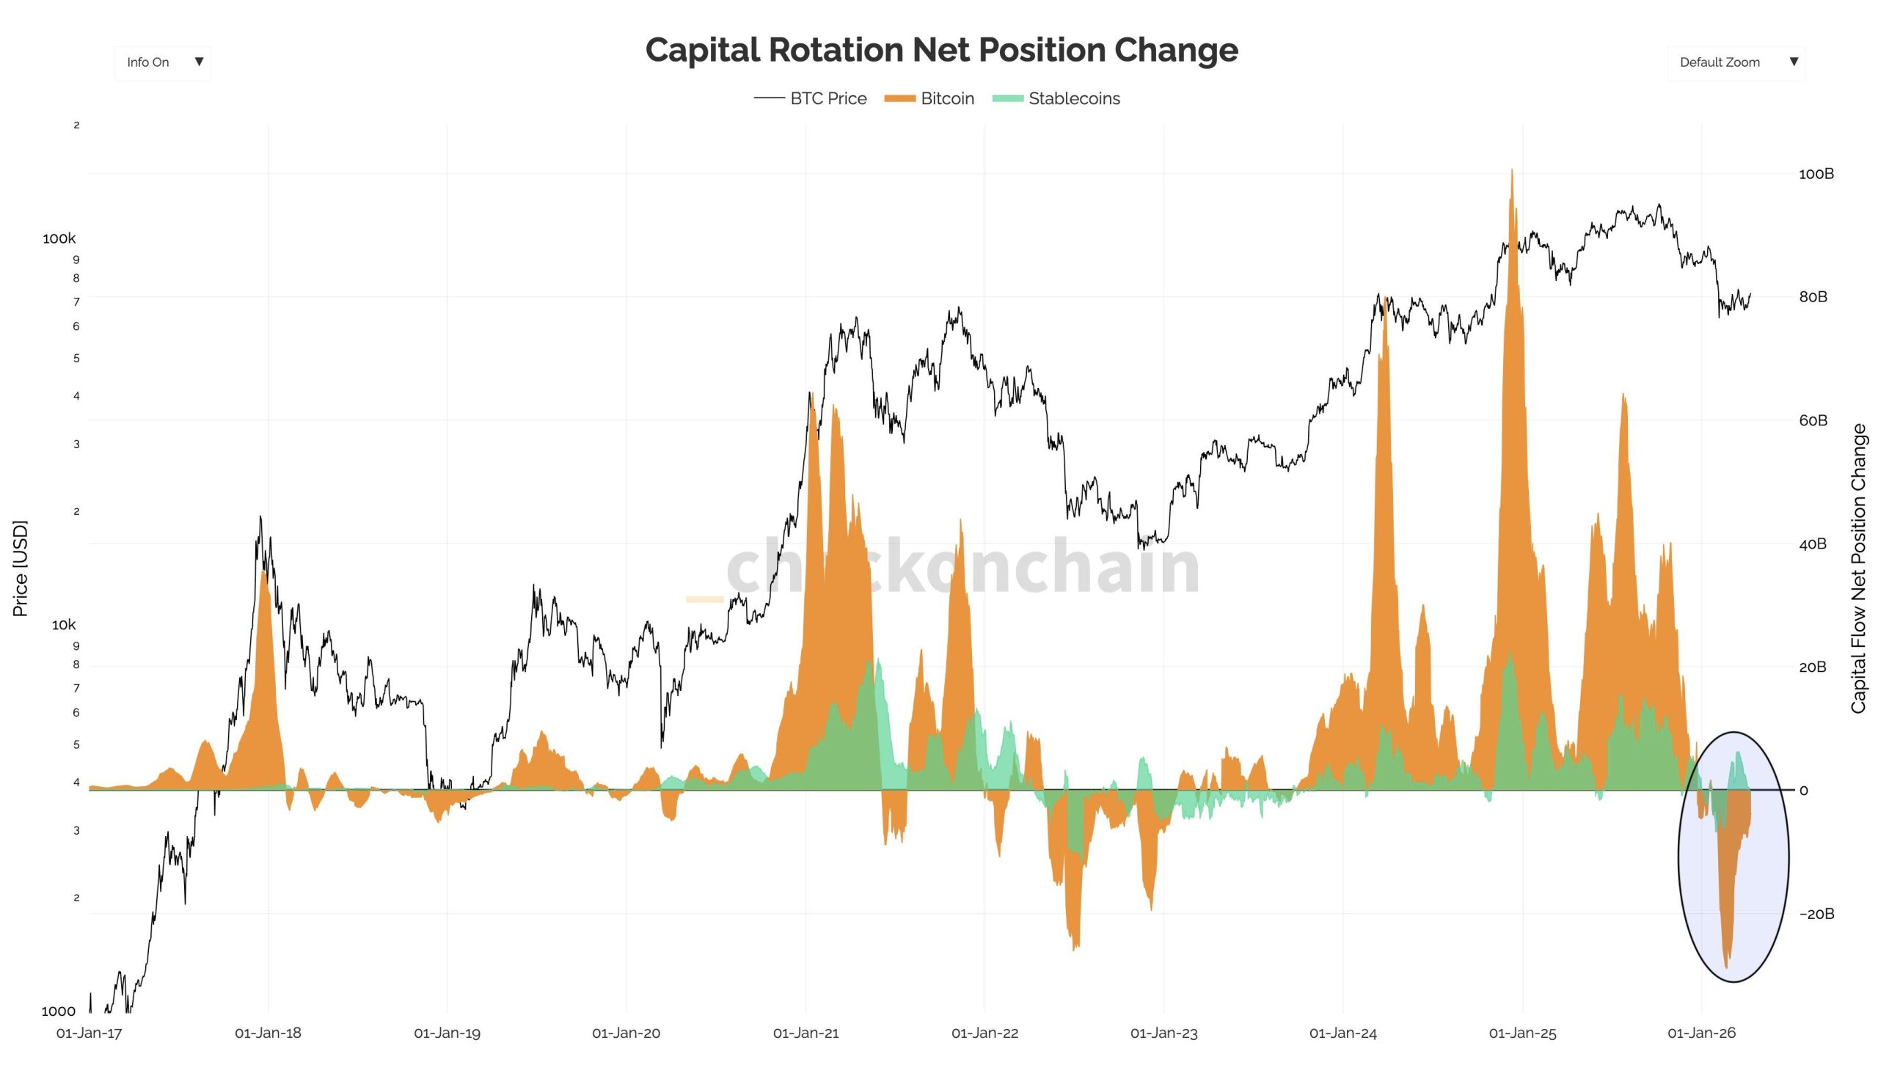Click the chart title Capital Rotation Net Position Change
pyautogui.click(x=940, y=50)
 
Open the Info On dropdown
pyautogui.click(x=162, y=62)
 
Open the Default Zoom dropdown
pyautogui.click(x=1735, y=62)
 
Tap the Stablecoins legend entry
pyautogui.click(x=1056, y=98)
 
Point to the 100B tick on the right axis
pyautogui.click(x=1816, y=175)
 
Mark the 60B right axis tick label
pyautogui.click(x=1813, y=421)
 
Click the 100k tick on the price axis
pyautogui.click(x=59, y=239)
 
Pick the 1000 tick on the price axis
pyautogui.click(x=58, y=1011)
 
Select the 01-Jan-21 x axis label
pyautogui.click(x=805, y=1033)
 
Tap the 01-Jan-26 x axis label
pyautogui.click(x=1700, y=1033)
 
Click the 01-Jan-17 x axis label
pyautogui.click(x=89, y=1033)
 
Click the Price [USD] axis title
pyautogui.click(x=20, y=568)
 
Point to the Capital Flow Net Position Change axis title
pyautogui.click(x=1858, y=568)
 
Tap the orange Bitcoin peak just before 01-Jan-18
pyautogui.click(x=263, y=574)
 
